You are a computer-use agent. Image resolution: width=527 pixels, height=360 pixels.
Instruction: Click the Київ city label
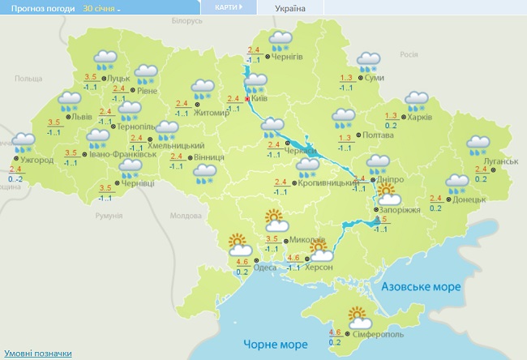tap(260, 97)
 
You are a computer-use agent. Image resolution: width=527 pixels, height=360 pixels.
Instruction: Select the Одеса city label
tap(265, 268)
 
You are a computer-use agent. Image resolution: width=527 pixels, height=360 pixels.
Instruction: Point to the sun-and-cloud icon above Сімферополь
tap(359, 317)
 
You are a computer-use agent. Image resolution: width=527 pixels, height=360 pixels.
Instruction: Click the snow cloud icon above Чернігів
tap(281, 41)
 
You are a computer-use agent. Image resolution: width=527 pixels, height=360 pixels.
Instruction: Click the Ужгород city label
tap(38, 160)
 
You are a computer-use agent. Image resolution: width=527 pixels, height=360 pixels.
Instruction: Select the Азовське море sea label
tap(420, 287)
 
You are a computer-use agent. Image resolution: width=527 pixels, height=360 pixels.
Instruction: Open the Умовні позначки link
tap(38, 354)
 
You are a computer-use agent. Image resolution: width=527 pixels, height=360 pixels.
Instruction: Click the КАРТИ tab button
tap(228, 7)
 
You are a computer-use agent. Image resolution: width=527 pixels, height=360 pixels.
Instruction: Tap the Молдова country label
tap(185, 216)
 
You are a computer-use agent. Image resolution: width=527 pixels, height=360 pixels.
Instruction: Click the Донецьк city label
tap(470, 199)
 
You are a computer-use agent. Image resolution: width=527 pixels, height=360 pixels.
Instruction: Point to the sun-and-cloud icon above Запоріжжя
tap(388, 195)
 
